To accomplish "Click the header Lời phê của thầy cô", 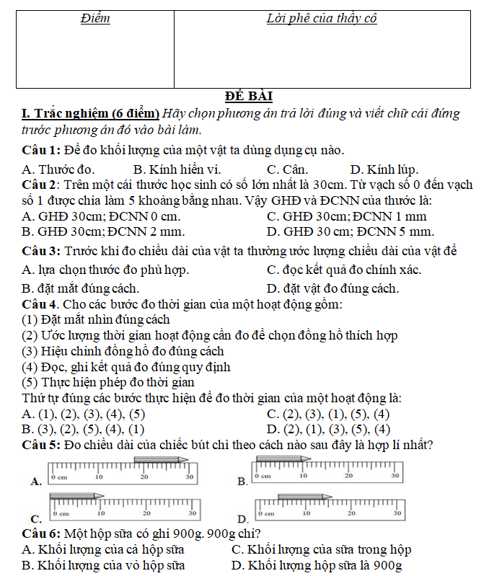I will click(322, 19).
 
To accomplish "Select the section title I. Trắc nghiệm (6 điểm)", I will click(91, 113).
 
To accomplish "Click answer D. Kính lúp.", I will click(384, 170).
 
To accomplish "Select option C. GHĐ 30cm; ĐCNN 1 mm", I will click(346, 216).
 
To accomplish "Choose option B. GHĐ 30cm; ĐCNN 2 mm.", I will click(103, 231).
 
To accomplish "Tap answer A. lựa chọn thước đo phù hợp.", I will click(105, 270).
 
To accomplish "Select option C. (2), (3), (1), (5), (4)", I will click(328, 414).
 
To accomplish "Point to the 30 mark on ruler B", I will click(395, 477).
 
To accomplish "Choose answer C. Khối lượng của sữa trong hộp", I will click(321, 549).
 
